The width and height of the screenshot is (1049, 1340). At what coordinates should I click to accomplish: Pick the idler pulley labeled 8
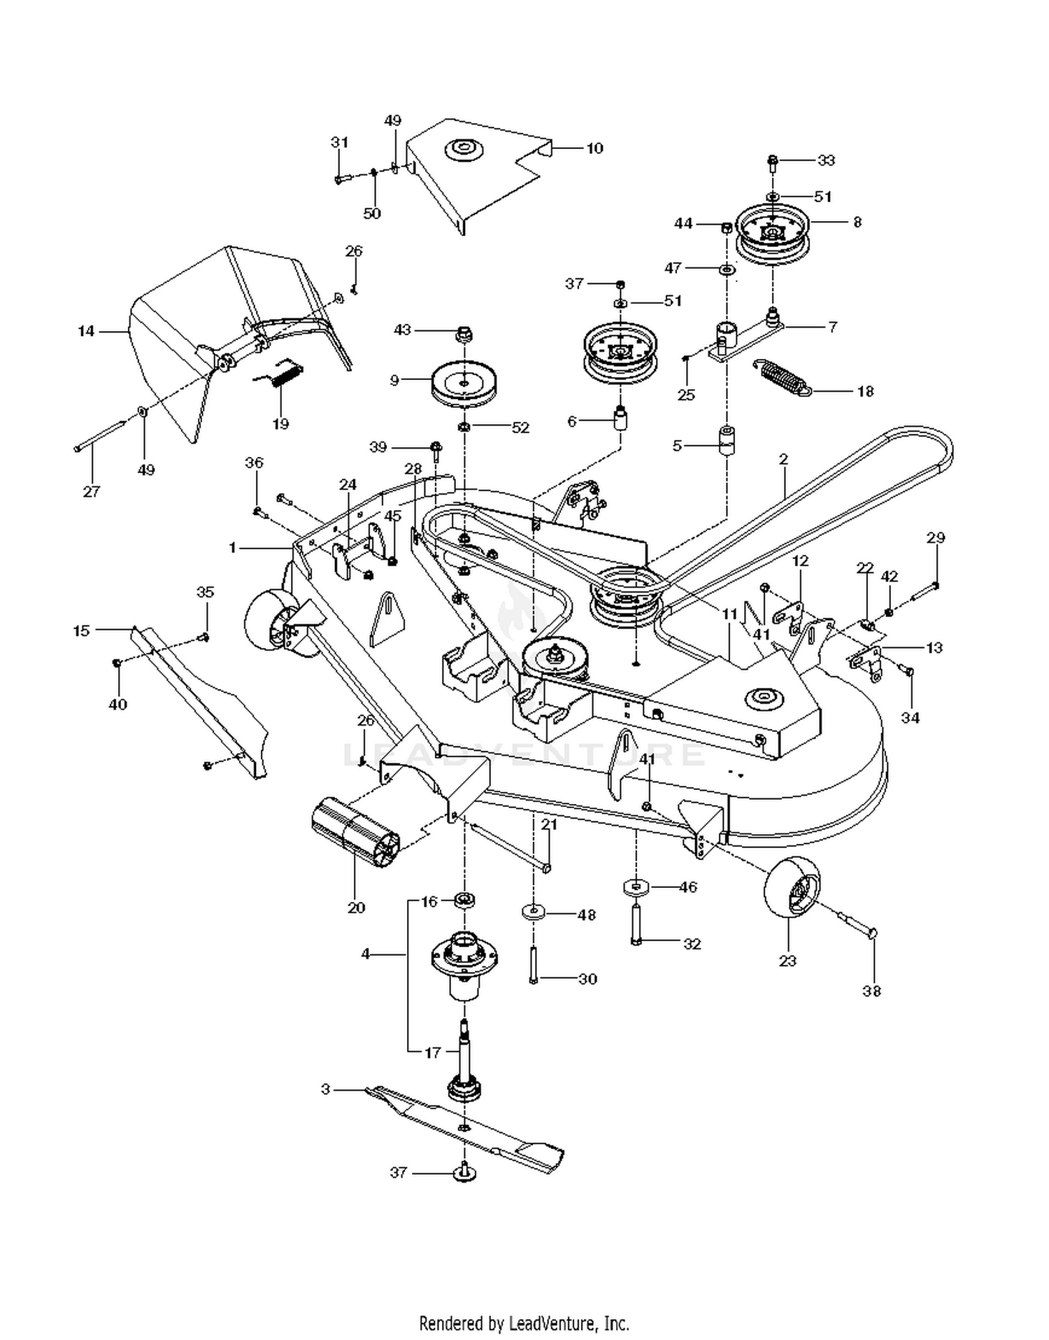772,235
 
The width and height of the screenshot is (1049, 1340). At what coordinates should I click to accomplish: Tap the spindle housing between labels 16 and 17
464,965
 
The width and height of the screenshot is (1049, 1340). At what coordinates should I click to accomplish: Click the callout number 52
521,428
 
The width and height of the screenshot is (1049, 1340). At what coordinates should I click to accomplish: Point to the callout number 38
871,991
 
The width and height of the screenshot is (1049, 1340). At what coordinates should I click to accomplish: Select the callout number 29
936,537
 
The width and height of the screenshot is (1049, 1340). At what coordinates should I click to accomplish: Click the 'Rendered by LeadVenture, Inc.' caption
524,1323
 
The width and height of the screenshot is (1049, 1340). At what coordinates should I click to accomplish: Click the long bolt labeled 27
100,436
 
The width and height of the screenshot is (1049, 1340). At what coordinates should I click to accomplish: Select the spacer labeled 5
727,439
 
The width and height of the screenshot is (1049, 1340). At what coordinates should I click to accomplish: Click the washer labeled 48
534,912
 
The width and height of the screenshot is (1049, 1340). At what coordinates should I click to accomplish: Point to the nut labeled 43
464,333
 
